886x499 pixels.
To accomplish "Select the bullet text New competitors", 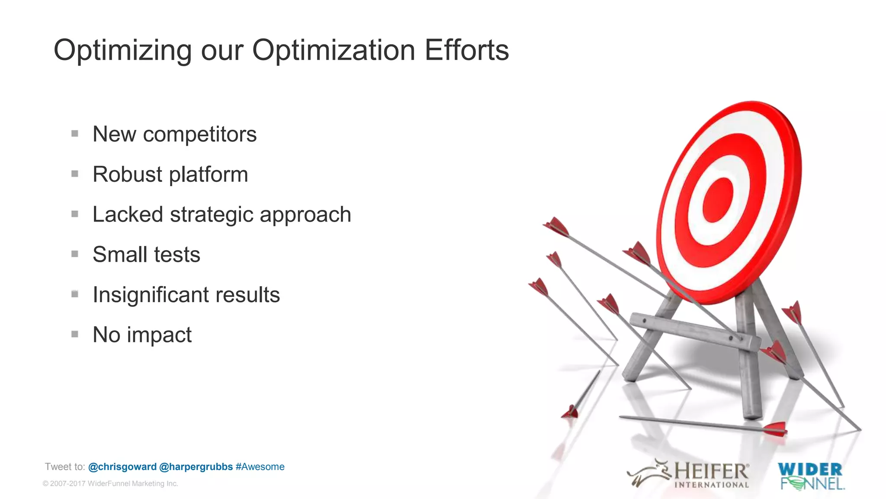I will pos(174,134).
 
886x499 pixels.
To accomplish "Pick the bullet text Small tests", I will pos(146,254).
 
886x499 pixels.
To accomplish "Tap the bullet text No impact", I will pos(142,335).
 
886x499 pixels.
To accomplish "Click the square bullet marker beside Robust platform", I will pos(75,174).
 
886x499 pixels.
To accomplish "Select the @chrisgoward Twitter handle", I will pos(122,467).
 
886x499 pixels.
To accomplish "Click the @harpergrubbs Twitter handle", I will pos(196,467).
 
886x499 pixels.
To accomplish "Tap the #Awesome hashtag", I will pos(260,467).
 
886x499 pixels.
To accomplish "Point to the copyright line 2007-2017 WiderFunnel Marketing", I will pos(110,483).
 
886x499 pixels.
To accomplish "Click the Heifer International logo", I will pos(689,474).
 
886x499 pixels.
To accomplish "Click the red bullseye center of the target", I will pos(718,200).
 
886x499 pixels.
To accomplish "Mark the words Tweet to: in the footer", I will pos(65,467).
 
